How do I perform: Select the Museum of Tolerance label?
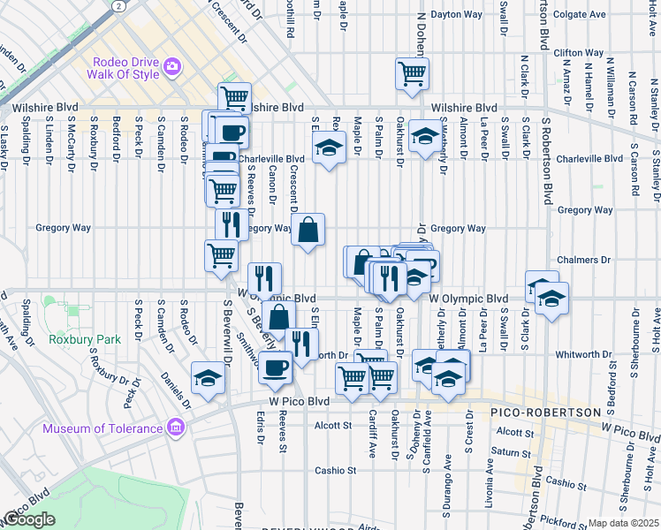[x=102, y=429]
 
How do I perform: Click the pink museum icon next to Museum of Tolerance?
[x=175, y=428]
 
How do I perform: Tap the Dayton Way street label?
[x=457, y=14]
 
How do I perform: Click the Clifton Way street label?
[x=579, y=53]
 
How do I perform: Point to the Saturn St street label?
[x=513, y=452]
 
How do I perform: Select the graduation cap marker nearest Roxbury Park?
[x=209, y=377]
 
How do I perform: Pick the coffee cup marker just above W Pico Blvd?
[x=275, y=366]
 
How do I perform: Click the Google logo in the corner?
[x=29, y=519]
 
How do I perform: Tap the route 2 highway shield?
[x=118, y=5]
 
